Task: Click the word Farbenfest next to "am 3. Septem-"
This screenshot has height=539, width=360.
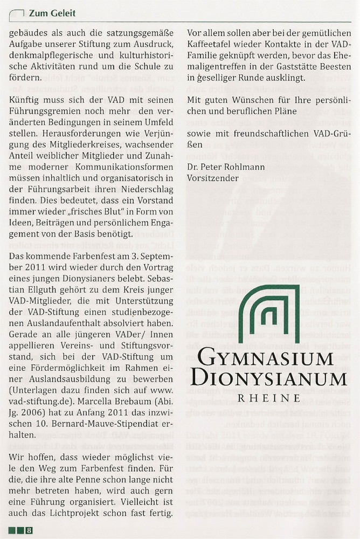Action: [91, 254]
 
